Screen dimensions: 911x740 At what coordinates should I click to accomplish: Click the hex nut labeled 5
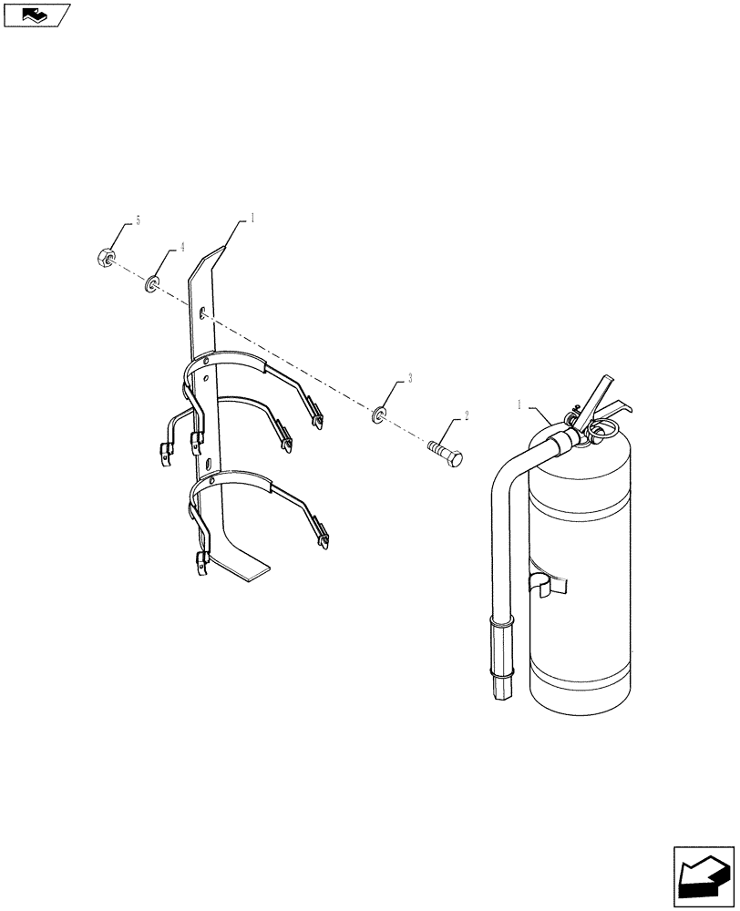point(105,258)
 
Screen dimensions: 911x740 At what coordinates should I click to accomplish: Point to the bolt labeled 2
point(444,451)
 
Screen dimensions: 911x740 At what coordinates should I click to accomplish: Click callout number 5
point(138,220)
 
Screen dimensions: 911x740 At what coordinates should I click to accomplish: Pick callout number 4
point(181,247)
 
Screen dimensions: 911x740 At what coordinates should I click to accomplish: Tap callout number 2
point(467,415)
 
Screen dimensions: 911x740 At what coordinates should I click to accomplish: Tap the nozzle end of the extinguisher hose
point(500,687)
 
